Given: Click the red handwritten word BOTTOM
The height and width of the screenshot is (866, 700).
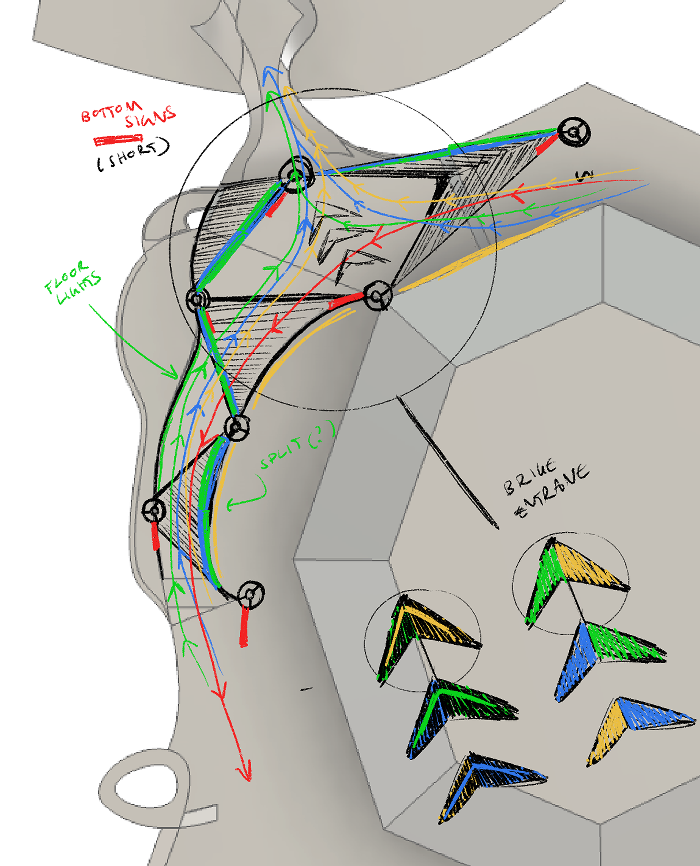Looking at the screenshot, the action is pyautogui.click(x=111, y=112).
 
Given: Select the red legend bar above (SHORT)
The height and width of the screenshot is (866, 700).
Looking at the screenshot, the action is pyautogui.click(x=118, y=140).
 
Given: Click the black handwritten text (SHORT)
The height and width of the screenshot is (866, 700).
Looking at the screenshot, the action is pyautogui.click(x=133, y=155).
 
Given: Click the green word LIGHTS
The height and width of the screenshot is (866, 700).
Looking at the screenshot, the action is pyautogui.click(x=79, y=290).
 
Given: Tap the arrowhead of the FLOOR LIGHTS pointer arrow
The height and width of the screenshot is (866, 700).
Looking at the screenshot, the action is pyautogui.click(x=172, y=373).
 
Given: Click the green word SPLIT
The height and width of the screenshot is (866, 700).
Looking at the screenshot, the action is pyautogui.click(x=281, y=453).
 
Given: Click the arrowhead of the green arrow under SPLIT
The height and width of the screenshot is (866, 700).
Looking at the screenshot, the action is pyautogui.click(x=231, y=504).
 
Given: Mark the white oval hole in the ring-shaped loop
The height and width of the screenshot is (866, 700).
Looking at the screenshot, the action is pyautogui.click(x=146, y=787).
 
